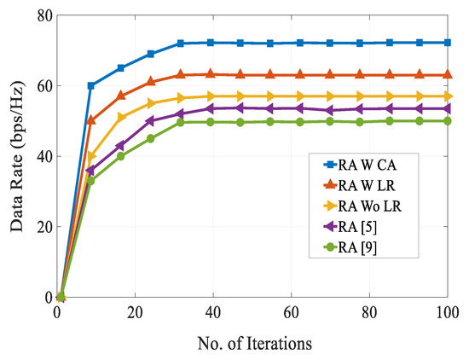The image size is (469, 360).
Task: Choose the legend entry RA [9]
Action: coord(346,251)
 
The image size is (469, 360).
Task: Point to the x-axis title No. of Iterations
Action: coord(253,343)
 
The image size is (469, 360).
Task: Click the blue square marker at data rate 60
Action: coord(91,85)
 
